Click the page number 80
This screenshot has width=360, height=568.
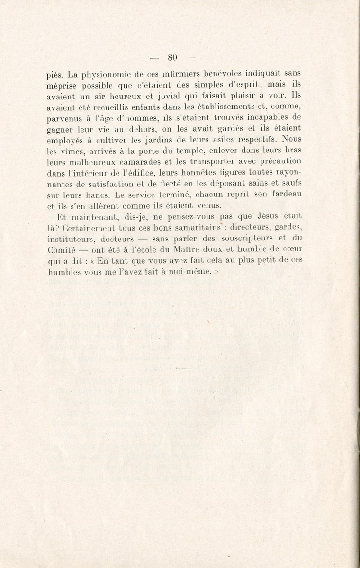(172, 58)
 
